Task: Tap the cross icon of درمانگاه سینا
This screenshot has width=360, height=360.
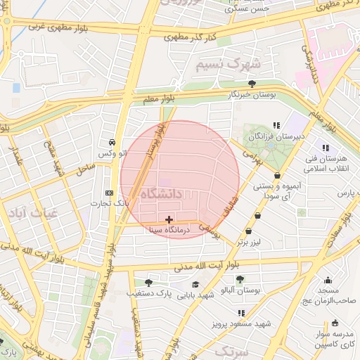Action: (169, 220)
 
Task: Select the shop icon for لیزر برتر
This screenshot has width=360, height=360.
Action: (247, 232)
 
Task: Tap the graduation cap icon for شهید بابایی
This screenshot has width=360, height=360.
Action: (195, 285)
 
